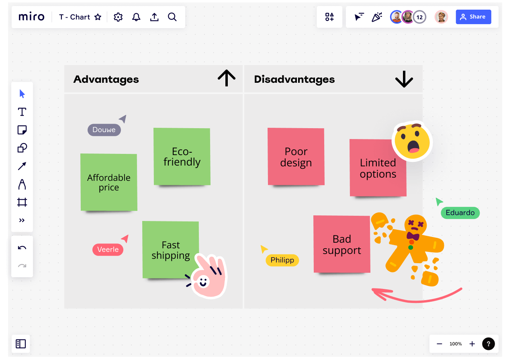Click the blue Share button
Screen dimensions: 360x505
pos(473,17)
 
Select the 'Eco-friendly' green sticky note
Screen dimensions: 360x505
pos(182,156)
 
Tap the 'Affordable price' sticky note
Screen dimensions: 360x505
pos(108,182)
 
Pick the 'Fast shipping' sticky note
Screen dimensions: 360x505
pos(170,250)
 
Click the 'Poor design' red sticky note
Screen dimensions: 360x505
pos(296,157)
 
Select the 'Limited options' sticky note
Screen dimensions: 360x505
pos(378,168)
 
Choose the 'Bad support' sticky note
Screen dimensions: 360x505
pos(341,244)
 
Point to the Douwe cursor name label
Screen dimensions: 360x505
pos(104,130)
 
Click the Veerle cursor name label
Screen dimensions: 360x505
pos(108,250)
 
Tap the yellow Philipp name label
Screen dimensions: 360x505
pos(282,260)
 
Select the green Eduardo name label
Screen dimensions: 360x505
pos(460,213)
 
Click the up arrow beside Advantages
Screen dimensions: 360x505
pos(227,78)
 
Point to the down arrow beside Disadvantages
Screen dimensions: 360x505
pos(404,79)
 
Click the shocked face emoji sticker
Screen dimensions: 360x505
pos(412,141)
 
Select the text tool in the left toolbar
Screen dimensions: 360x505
pos(22,112)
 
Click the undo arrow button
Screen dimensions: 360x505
pos(22,247)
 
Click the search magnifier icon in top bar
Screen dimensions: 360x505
pos(172,17)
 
